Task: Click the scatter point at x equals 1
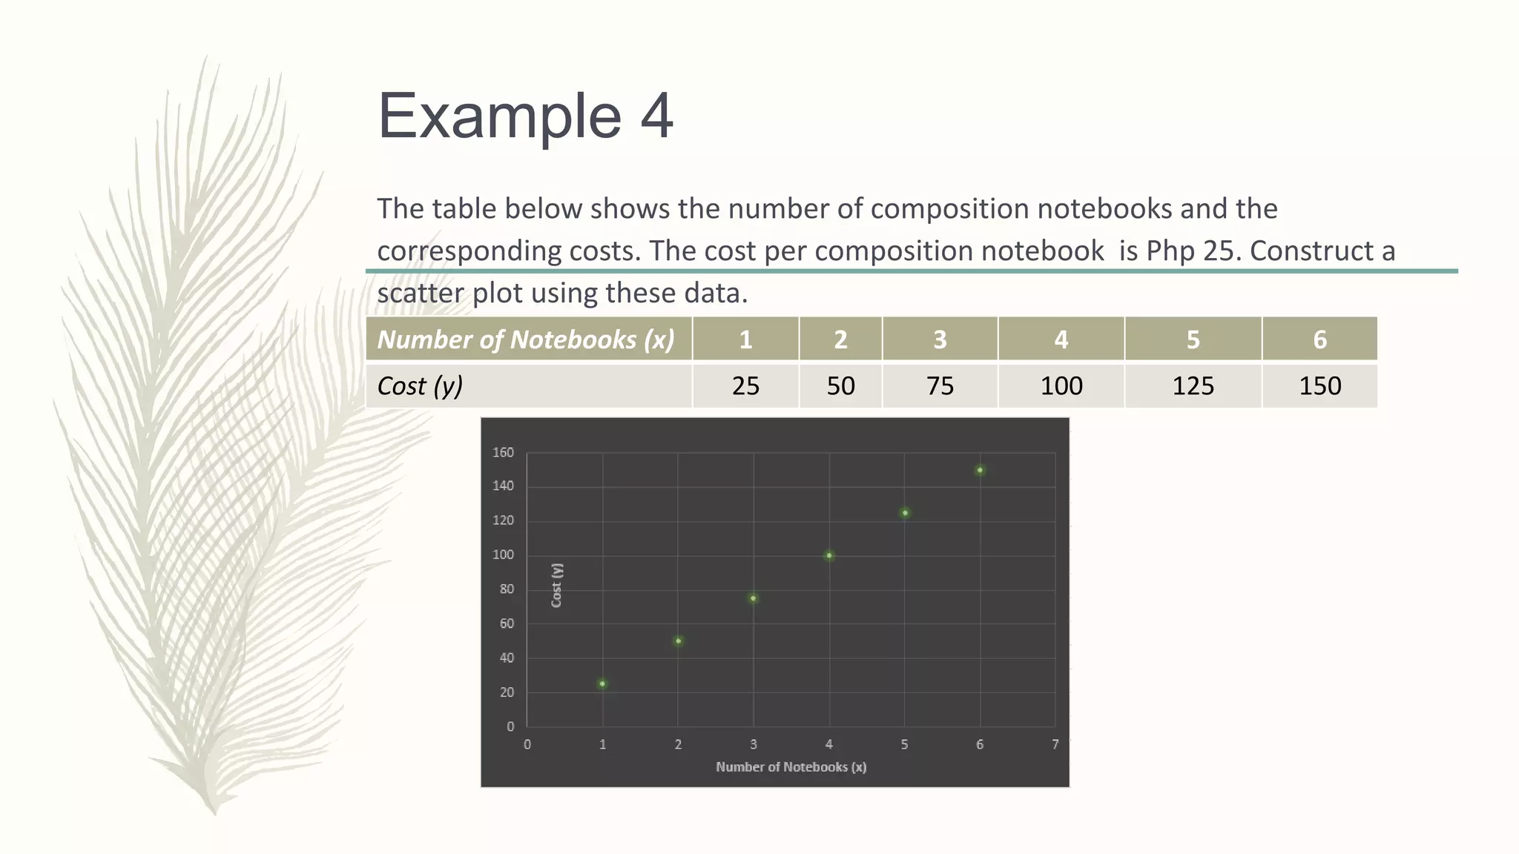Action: (x=602, y=683)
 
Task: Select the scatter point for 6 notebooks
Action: (x=980, y=470)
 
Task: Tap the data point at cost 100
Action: (x=829, y=555)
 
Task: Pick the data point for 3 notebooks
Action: (x=754, y=598)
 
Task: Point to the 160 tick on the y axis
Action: (x=503, y=452)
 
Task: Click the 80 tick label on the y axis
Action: (x=507, y=589)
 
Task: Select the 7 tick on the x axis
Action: (x=1055, y=744)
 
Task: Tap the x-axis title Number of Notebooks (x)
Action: (x=791, y=767)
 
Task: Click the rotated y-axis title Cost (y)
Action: (x=557, y=585)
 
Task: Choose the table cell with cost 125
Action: (x=1193, y=385)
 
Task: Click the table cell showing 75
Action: (x=940, y=385)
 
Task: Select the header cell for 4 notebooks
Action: (x=1061, y=340)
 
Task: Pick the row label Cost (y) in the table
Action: (x=420, y=385)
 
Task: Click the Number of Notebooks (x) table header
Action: (x=526, y=340)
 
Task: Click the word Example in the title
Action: (x=499, y=116)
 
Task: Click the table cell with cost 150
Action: (x=1319, y=385)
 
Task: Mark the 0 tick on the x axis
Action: (x=527, y=744)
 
